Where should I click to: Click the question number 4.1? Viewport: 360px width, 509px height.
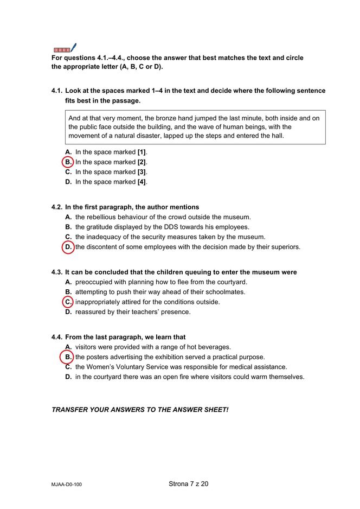(57, 91)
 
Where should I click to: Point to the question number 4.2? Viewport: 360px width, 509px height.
(57, 207)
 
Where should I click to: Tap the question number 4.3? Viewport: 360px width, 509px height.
(57, 272)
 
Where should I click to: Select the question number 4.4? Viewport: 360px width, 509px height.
(57, 337)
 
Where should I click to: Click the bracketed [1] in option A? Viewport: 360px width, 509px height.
(142, 152)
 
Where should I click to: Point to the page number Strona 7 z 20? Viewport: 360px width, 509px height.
(188, 483)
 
